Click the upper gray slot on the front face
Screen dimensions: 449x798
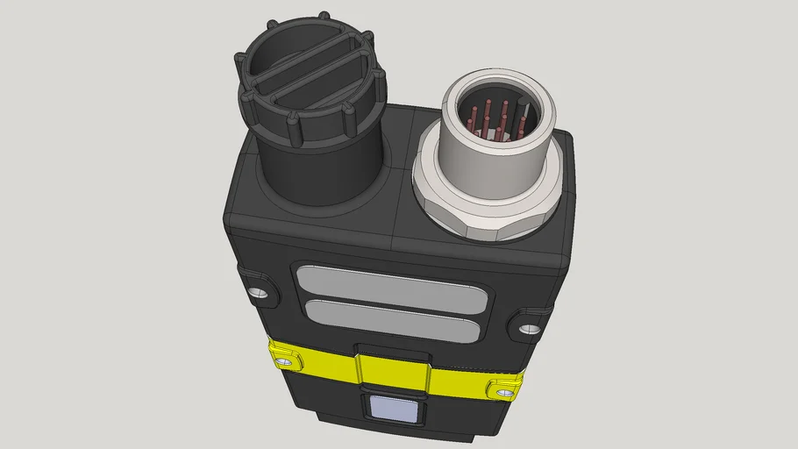pyautogui.click(x=391, y=286)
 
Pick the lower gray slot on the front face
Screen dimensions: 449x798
pyautogui.click(x=391, y=320)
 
